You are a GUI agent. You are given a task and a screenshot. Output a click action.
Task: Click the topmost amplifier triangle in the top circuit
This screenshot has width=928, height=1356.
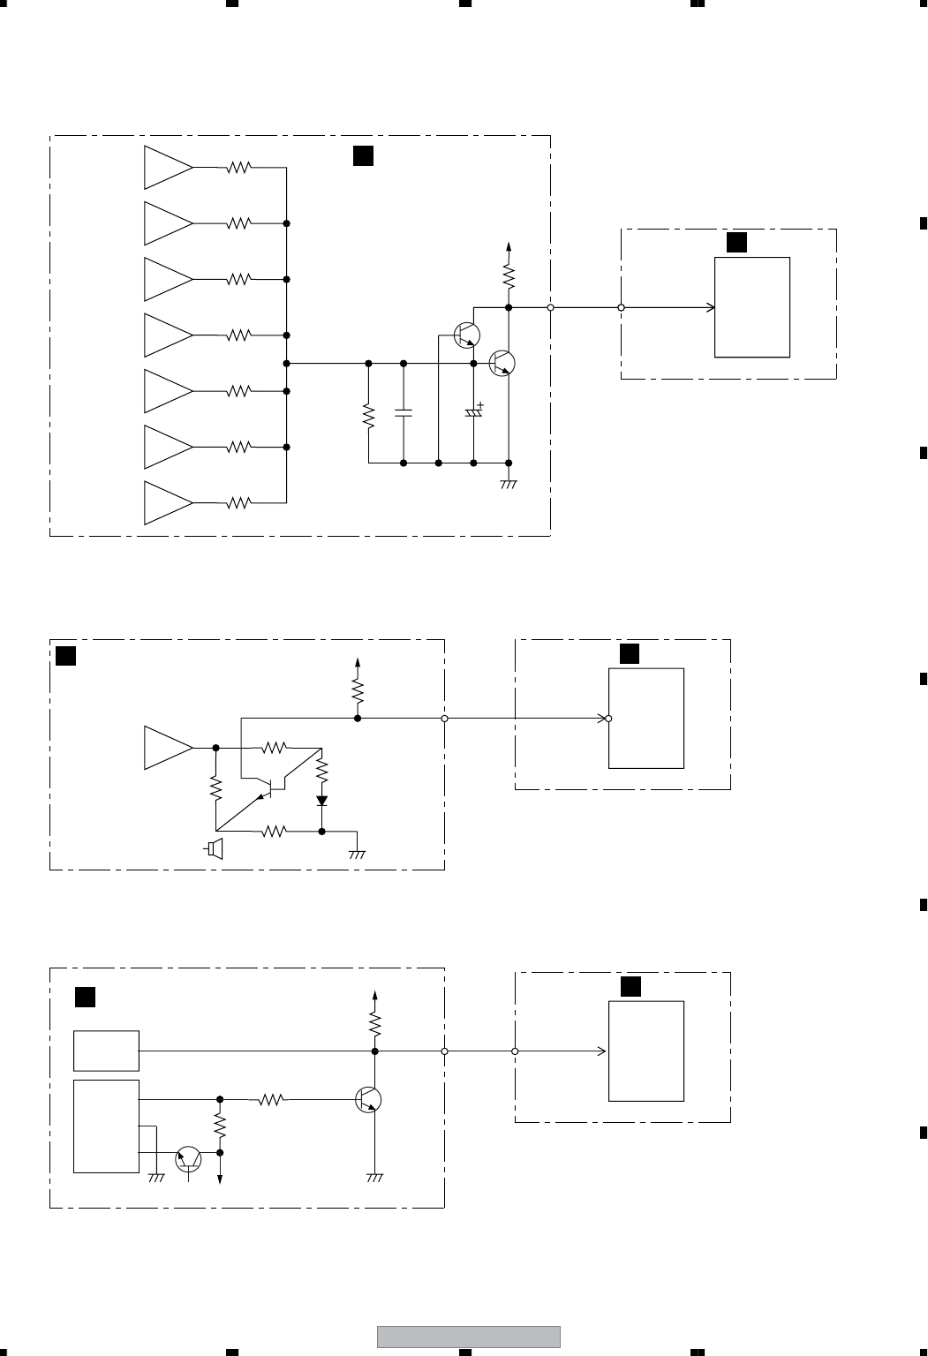(167, 168)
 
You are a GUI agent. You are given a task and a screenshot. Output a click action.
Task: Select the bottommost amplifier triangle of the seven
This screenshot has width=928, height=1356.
(167, 503)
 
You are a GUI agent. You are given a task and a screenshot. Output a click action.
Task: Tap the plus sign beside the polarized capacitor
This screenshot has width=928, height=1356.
(480, 404)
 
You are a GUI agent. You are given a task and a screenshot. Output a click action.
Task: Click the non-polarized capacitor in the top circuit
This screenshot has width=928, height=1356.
(404, 412)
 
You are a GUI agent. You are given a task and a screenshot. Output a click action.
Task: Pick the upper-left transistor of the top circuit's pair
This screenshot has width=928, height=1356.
(467, 335)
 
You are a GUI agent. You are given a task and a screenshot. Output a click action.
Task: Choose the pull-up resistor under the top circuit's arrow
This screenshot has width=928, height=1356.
(509, 277)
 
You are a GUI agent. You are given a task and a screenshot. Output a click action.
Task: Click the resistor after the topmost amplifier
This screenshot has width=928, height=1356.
(239, 168)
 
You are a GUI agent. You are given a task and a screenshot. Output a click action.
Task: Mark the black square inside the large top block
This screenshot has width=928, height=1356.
(362, 155)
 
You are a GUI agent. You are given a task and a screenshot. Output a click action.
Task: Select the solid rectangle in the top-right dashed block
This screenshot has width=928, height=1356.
(752, 307)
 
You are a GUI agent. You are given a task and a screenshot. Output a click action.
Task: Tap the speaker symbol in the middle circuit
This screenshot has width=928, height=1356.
(215, 849)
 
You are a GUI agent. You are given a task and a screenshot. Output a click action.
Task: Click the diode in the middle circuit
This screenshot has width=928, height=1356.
(321, 801)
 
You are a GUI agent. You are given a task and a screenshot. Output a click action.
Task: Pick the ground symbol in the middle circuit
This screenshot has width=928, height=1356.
(357, 854)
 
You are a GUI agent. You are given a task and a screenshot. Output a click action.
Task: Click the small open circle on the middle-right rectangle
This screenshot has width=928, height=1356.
(610, 719)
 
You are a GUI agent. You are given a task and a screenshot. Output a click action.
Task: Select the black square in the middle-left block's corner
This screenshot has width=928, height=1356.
(65, 656)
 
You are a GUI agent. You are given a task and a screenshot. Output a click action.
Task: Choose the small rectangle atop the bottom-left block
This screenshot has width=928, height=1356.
(106, 1051)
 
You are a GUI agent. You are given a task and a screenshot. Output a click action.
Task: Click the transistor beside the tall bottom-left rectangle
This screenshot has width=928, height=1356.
(189, 1159)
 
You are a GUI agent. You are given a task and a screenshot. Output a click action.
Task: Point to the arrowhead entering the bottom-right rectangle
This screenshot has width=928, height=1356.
(602, 1051)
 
